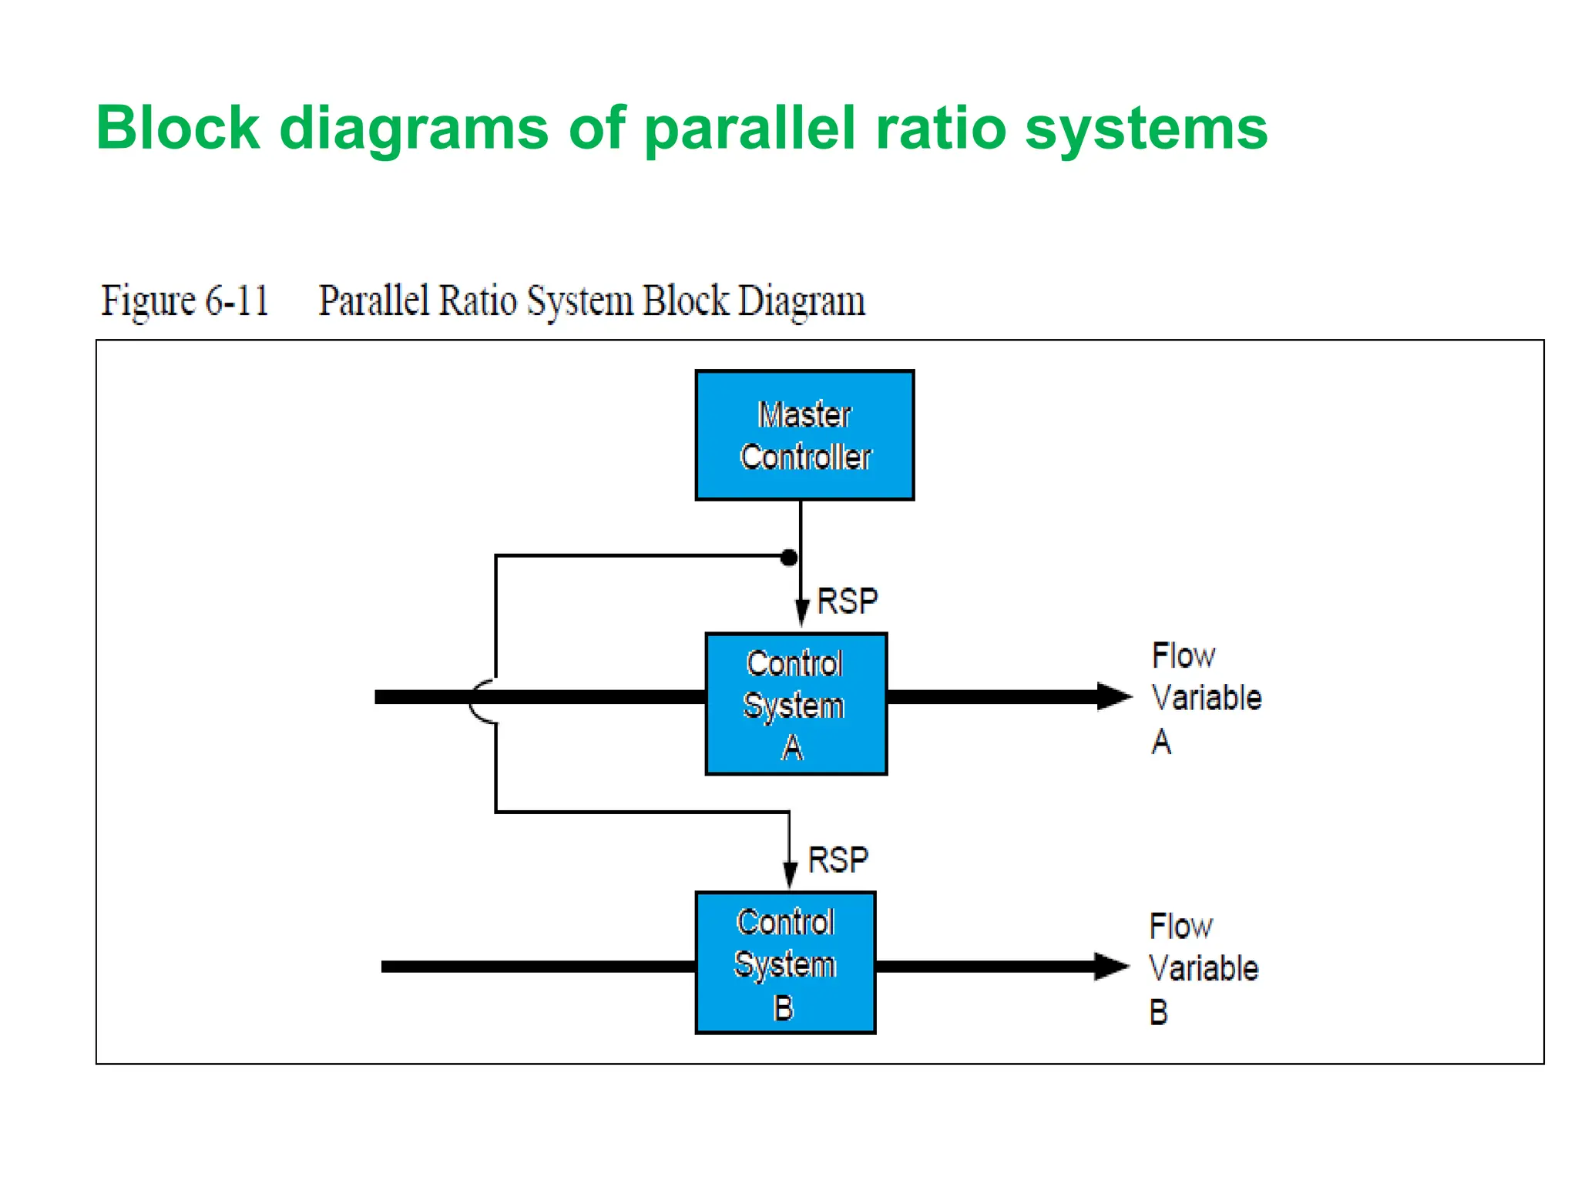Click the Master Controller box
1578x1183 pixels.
[x=804, y=435]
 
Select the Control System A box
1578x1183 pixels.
[x=796, y=703]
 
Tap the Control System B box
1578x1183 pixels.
[x=785, y=962]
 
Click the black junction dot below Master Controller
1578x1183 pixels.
[x=788, y=558]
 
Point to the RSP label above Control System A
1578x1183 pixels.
[x=847, y=602]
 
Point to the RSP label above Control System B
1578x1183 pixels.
[x=838, y=860]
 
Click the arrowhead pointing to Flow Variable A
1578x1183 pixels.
[x=1113, y=696]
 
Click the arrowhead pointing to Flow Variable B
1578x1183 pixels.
[x=1111, y=966]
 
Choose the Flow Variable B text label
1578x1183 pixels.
[x=1202, y=968]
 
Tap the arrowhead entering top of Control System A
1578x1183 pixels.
[x=801, y=613]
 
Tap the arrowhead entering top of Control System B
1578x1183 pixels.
[x=790, y=875]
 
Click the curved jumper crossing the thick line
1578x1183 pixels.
[x=481, y=701]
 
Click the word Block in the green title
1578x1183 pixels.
[x=178, y=128]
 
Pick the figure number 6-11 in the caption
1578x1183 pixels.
[x=237, y=300]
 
